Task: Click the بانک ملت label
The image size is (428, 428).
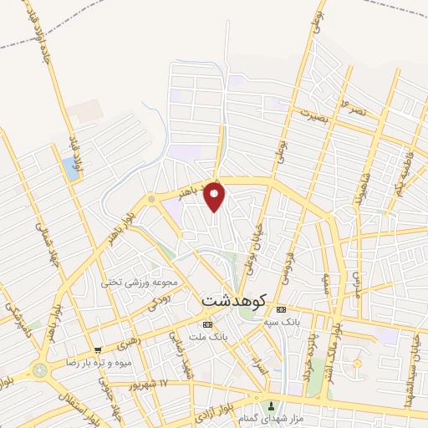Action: (x=208, y=336)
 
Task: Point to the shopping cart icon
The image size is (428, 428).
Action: (x=98, y=349)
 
